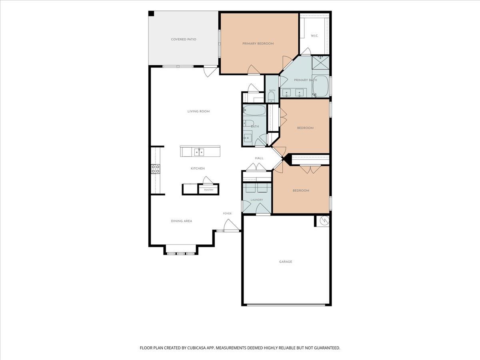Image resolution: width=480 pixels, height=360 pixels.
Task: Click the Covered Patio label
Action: pos(184,39)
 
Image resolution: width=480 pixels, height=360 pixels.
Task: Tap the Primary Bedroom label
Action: pos(258,44)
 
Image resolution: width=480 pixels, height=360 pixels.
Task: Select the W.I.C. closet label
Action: pos(314,36)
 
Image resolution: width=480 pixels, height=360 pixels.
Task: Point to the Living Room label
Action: pos(198,111)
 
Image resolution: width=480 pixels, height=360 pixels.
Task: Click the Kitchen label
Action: pos(198,168)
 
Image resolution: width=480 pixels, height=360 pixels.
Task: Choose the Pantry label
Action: pos(209,190)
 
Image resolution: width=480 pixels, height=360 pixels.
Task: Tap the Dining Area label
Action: pos(182,221)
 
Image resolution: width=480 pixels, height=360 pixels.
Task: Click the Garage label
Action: pos(286,262)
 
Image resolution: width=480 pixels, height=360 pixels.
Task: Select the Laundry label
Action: pos(257,200)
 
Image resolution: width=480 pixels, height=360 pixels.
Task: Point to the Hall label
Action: pos(259,158)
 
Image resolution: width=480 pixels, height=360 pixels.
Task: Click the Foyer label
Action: pos(227,213)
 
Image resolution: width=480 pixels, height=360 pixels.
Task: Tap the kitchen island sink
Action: pos(199,152)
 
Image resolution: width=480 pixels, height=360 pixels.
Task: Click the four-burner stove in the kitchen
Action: pos(156,169)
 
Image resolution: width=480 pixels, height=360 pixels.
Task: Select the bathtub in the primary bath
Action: pos(320,86)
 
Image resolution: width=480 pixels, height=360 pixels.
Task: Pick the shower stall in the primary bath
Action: pos(320,62)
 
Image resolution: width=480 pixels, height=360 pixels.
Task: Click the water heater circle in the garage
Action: pos(324,220)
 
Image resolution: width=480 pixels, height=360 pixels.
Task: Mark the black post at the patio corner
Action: pos(151,13)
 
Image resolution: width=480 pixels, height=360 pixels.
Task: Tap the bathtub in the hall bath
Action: pos(254,110)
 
